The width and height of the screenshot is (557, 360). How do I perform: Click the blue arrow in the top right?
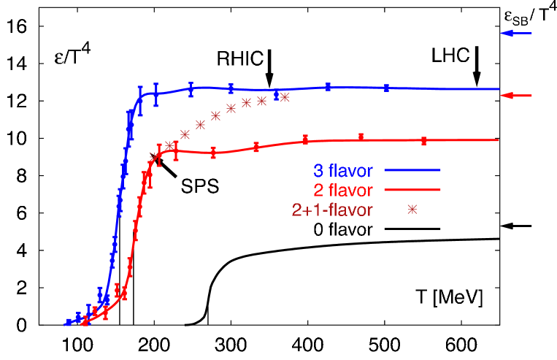517,34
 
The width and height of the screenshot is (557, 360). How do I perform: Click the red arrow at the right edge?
517,96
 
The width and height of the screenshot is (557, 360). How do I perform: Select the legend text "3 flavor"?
343,172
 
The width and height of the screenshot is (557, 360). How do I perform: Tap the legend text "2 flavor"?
343,191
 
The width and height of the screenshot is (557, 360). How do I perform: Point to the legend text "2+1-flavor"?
332,210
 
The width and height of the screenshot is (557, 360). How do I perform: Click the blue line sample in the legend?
412,171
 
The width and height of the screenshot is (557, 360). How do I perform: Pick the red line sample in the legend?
412,190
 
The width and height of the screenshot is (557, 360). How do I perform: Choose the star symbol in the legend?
412,210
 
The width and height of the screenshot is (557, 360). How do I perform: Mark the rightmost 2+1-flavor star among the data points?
285,97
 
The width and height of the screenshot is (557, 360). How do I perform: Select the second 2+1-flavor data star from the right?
261,101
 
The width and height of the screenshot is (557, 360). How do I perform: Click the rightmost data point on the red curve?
424,141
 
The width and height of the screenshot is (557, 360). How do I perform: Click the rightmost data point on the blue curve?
386,88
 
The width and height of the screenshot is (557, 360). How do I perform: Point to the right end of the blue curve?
499,89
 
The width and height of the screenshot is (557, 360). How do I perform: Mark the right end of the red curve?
499,139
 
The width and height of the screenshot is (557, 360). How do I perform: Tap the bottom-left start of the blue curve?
66,323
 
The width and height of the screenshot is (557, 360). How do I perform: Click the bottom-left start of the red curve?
82,322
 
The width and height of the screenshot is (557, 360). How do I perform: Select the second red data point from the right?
361,137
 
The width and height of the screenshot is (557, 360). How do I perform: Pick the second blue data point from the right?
329,87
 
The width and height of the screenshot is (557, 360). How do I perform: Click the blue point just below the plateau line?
277,96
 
